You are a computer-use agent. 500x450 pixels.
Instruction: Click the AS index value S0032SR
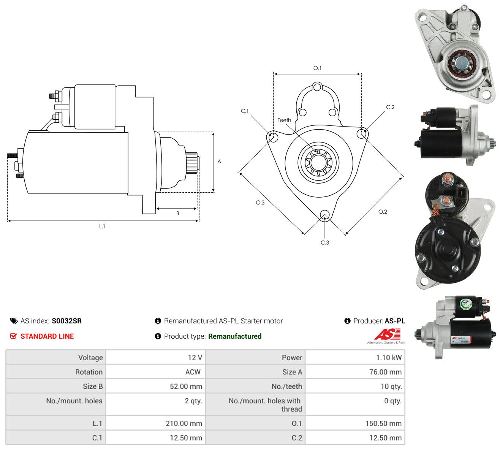coord(66,321)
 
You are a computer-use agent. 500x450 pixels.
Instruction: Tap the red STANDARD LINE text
coord(47,336)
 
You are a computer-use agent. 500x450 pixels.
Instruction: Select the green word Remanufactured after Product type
coord(235,336)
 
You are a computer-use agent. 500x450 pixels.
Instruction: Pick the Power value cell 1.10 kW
coord(389,358)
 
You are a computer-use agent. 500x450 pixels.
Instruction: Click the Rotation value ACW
coord(193,372)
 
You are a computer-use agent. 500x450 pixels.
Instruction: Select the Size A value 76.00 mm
coord(385,372)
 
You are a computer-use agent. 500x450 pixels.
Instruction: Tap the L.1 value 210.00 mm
coord(184,423)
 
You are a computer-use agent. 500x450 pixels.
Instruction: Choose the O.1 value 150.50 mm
coord(383,423)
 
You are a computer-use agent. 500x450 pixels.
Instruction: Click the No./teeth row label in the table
coord(286,387)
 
